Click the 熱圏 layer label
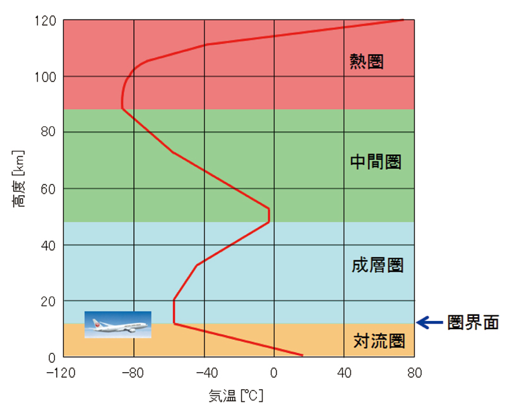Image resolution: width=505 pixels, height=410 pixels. coord(366,61)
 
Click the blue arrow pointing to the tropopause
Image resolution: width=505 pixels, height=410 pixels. coord(432,323)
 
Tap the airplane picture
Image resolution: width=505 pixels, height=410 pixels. coord(118,324)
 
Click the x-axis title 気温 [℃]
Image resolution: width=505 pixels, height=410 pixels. coord(235,396)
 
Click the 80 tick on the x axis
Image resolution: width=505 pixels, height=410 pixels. coord(414,373)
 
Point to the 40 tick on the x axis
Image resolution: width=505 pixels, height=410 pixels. coord(344,373)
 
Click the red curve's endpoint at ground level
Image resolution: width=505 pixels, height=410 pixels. coord(303,355)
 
